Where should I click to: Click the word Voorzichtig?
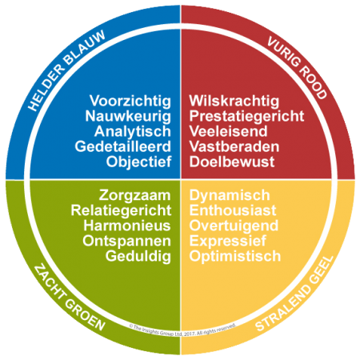click(x=130, y=102)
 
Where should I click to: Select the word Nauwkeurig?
click(x=128, y=117)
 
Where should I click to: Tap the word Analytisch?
click(x=133, y=132)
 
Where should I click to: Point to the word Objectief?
click(x=138, y=162)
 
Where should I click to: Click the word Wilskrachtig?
click(x=234, y=102)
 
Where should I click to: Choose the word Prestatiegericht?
click(x=246, y=117)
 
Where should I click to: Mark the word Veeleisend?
click(x=228, y=131)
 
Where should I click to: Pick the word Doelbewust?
click(x=232, y=162)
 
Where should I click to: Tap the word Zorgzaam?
click(x=134, y=196)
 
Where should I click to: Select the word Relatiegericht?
click(x=121, y=211)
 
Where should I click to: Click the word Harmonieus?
click(x=127, y=226)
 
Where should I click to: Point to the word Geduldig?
click(x=138, y=257)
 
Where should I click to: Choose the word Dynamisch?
click(x=230, y=196)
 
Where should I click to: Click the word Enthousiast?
click(x=233, y=210)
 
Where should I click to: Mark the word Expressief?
click(x=228, y=242)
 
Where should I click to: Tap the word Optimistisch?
click(x=235, y=257)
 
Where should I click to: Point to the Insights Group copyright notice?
click(x=182, y=330)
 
